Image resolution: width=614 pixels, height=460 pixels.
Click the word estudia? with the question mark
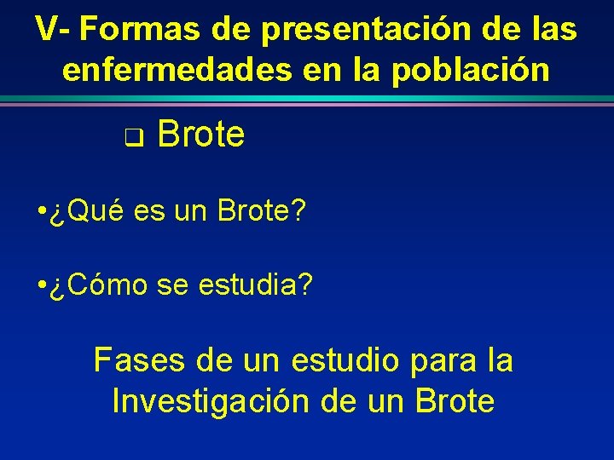pos(255,285)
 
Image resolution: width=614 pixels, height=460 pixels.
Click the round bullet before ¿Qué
pos(42,212)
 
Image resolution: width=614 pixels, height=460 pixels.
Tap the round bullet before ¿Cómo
pos(42,286)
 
